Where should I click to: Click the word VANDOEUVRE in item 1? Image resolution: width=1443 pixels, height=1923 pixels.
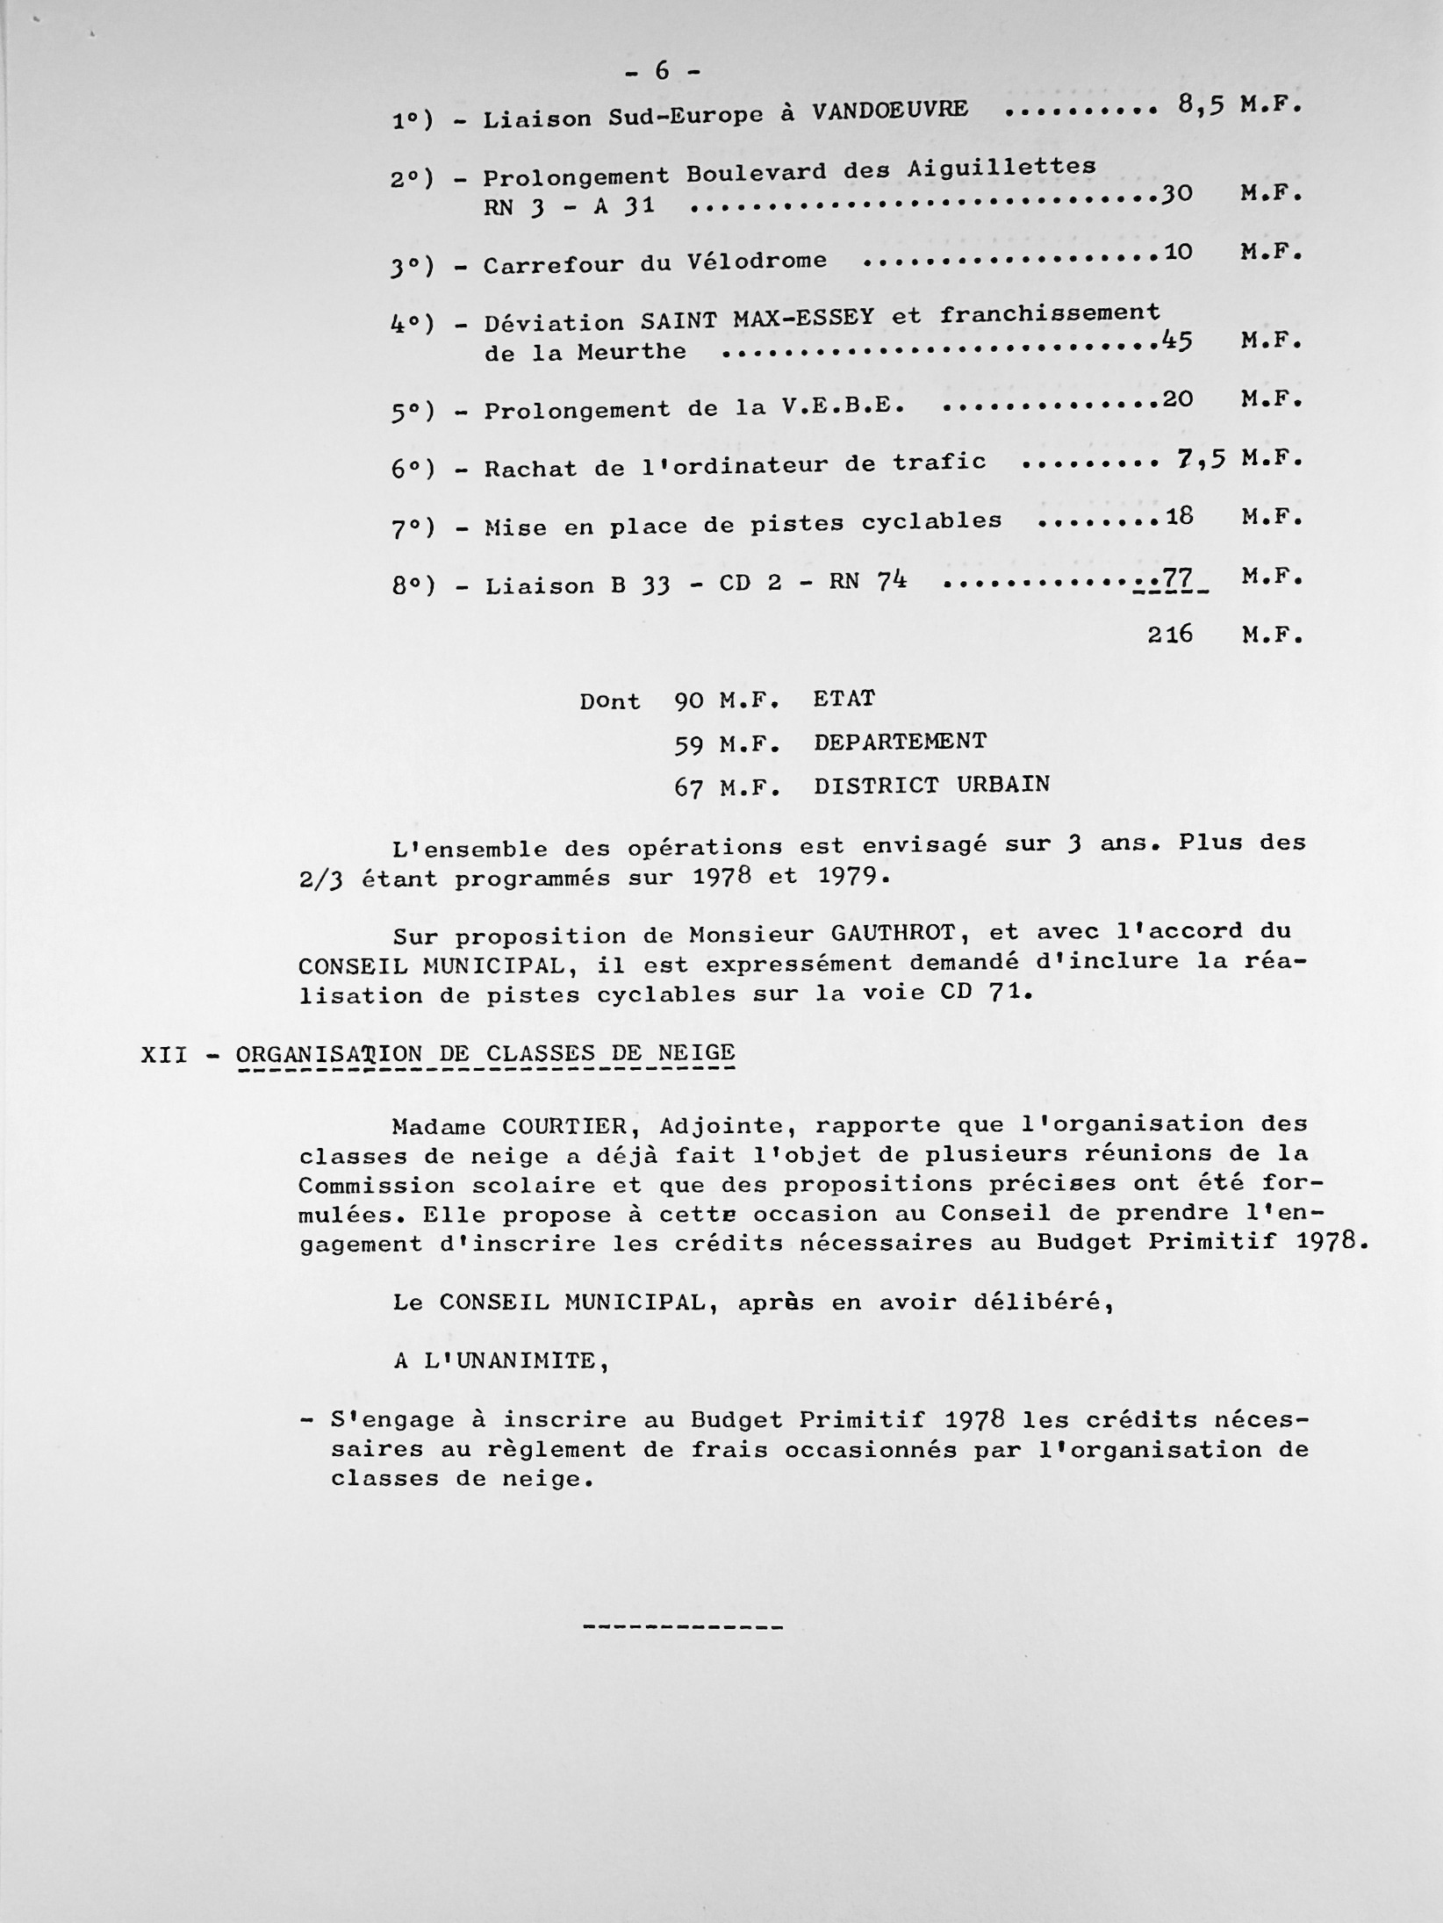890,110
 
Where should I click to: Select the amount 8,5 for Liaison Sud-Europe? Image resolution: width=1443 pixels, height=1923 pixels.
1202,105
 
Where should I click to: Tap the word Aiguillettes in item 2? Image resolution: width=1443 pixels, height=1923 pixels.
1001,167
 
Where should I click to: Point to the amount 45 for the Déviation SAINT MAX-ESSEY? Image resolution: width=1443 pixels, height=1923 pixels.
1176,340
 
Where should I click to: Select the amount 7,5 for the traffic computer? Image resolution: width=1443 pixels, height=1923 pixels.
1201,458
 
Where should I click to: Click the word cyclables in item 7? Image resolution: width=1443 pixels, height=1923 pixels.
931,520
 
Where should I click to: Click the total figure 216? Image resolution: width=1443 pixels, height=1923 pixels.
1170,634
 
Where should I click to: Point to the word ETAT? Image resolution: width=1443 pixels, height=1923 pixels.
844,699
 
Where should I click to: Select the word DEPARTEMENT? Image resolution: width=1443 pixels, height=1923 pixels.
900,742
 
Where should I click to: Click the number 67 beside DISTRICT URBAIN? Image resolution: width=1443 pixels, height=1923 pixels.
688,786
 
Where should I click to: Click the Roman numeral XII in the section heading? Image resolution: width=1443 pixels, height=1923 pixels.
164,1054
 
